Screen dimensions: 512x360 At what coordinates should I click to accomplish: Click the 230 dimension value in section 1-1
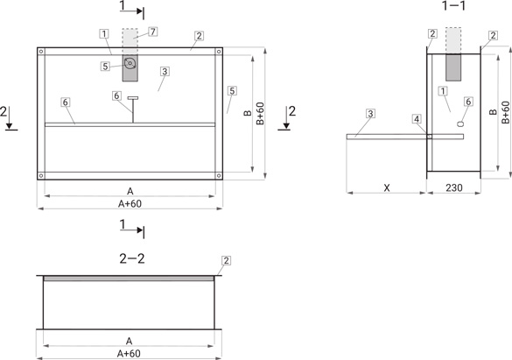(454, 187)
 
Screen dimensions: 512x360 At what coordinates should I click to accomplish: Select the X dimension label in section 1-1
(387, 187)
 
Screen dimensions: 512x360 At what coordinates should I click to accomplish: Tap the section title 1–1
(454, 5)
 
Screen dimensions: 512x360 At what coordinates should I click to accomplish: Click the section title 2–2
(132, 258)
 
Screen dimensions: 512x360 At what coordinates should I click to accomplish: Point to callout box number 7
(153, 32)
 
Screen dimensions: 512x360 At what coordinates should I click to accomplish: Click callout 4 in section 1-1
(417, 119)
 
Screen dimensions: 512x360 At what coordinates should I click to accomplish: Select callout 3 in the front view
(165, 71)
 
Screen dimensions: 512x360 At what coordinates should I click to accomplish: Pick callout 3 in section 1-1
(370, 114)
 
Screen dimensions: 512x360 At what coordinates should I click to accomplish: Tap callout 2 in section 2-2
(226, 260)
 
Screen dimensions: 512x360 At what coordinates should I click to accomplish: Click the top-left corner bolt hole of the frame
(41, 52)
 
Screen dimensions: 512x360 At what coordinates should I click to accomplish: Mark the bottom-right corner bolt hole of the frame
(219, 175)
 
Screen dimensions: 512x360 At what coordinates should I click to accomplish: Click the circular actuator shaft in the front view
(130, 63)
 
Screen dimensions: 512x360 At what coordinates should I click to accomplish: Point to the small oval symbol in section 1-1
(460, 124)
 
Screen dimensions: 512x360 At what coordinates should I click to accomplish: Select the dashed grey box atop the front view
(130, 41)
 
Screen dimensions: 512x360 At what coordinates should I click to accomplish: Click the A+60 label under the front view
(130, 204)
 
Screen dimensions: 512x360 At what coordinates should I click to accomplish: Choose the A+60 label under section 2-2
(129, 354)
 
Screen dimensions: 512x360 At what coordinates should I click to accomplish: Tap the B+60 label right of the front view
(260, 113)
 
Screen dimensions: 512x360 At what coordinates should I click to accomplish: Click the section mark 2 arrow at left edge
(9, 117)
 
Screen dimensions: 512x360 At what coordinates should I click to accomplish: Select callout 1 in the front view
(104, 33)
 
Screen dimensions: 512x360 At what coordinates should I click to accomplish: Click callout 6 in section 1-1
(468, 102)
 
